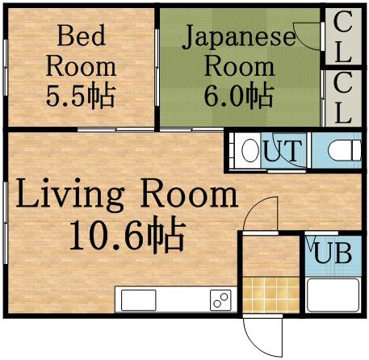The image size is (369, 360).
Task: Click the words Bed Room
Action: click(80, 50)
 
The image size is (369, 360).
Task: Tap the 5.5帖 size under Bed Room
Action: click(80, 96)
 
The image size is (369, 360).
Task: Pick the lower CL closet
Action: click(342, 98)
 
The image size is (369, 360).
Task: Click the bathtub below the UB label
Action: click(333, 296)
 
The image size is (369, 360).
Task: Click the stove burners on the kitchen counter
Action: click(220, 299)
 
